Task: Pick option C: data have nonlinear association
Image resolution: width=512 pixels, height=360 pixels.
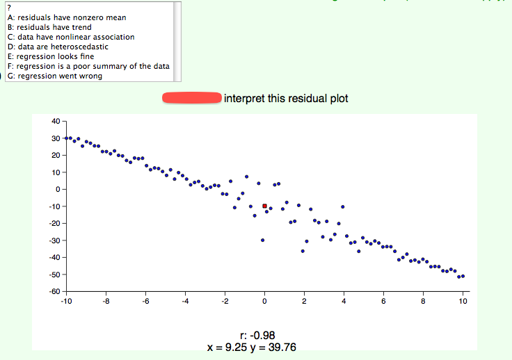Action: point(71,37)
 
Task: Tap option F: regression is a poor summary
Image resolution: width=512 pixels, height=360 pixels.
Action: point(88,66)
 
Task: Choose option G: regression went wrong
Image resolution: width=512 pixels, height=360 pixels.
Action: point(55,76)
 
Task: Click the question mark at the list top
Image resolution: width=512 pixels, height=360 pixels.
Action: point(9,8)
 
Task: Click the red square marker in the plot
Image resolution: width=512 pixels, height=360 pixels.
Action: point(264,206)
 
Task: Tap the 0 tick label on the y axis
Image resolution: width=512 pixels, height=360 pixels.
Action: point(58,189)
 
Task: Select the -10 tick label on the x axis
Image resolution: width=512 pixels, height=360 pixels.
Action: point(66,302)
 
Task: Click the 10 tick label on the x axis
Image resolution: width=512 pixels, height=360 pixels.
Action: point(463,302)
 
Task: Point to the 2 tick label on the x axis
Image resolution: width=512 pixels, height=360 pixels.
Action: point(304,302)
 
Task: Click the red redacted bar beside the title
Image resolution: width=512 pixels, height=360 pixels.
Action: point(191,98)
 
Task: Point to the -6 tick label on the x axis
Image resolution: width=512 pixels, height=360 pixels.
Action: point(144,302)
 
